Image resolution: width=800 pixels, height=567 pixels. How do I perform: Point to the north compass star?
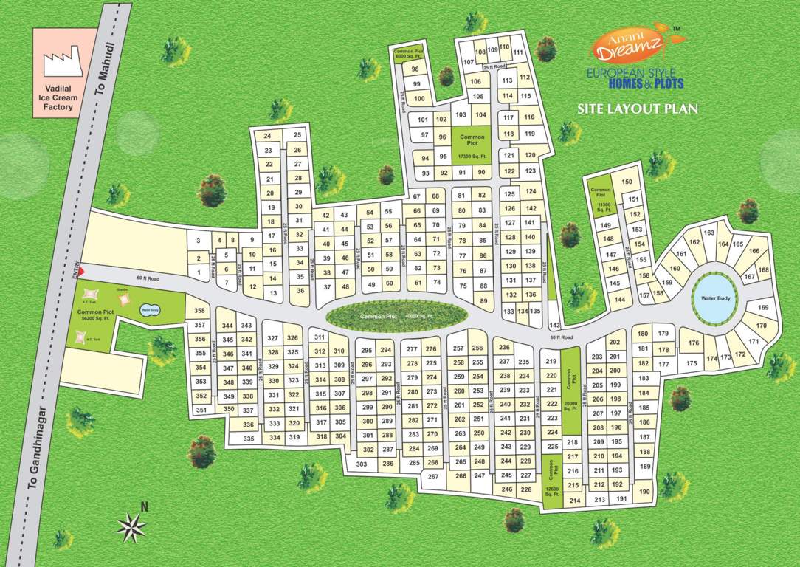point(131,525)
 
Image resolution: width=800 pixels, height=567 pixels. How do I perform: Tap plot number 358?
point(199,311)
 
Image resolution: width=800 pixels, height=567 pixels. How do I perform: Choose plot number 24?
point(268,136)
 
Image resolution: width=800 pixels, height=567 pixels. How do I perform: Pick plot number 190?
point(644,492)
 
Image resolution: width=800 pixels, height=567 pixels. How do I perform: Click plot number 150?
point(627,182)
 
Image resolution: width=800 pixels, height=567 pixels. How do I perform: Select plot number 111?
point(518,52)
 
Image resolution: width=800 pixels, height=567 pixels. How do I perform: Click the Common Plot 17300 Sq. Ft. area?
point(472,145)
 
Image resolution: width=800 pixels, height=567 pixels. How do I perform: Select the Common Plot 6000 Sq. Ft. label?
point(407,53)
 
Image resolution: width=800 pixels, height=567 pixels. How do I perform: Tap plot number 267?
point(433,477)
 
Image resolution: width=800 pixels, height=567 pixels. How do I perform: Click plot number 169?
point(763,307)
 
